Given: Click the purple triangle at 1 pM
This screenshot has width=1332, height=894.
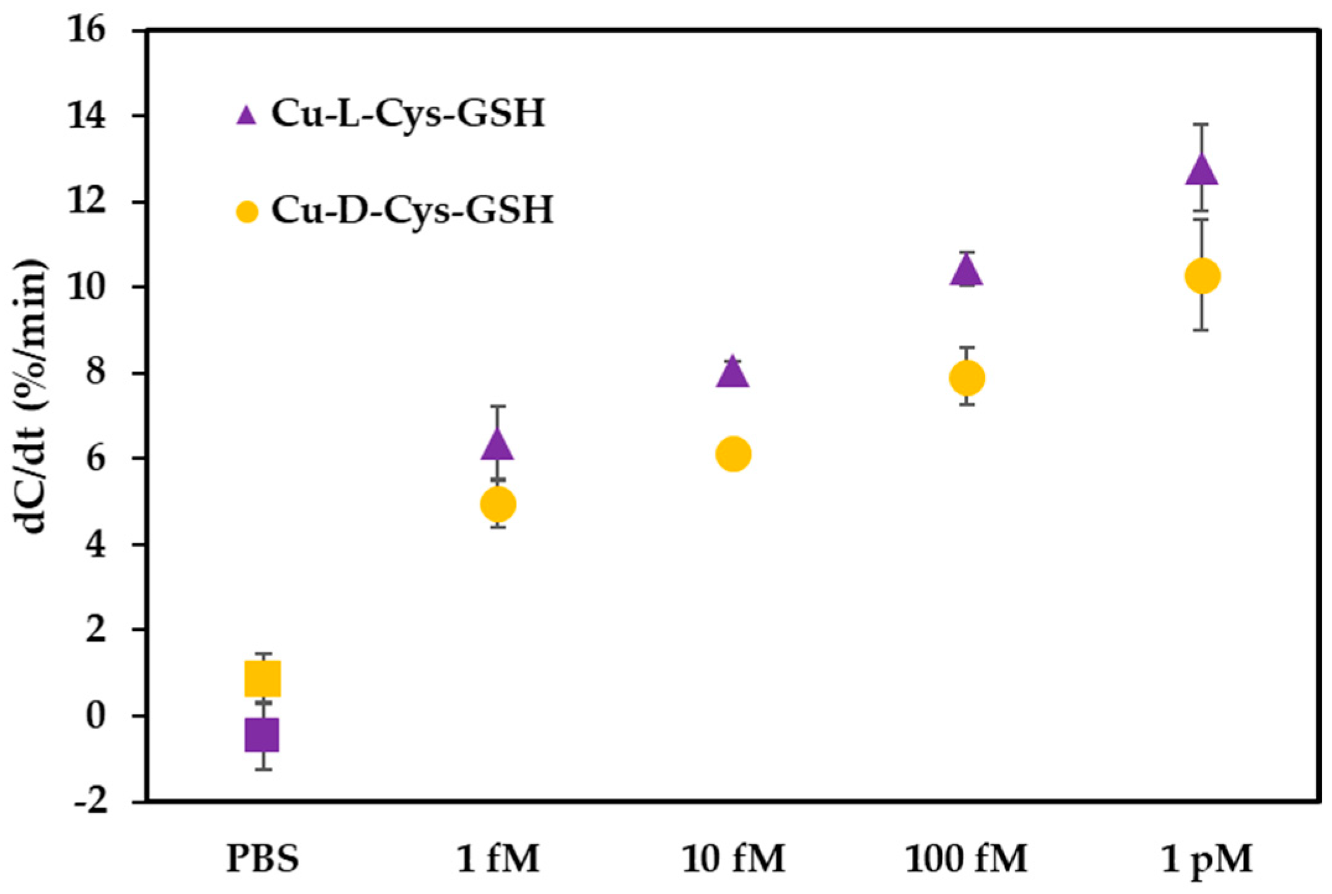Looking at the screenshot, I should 1201,170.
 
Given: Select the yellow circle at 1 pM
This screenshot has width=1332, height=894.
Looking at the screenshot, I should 1202,276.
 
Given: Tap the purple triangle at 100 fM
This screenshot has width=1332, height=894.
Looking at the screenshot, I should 967,271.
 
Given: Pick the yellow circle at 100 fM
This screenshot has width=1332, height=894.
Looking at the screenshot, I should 967,378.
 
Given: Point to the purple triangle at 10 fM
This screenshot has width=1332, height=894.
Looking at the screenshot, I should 733,373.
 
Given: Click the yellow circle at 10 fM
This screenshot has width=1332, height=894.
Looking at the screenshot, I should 733,454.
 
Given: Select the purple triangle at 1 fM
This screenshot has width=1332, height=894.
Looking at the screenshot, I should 497,445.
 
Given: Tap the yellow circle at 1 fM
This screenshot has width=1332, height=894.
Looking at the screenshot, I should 498,505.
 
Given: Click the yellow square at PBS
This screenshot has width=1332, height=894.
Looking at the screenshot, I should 263,679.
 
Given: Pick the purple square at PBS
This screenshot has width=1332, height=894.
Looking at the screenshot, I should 263,735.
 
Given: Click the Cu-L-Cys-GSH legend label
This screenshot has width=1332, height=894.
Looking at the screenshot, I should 407,114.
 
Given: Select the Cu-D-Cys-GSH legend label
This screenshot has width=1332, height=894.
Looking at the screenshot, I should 412,210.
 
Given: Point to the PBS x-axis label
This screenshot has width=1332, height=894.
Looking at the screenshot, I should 263,859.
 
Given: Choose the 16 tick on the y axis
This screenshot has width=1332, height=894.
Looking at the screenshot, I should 87,30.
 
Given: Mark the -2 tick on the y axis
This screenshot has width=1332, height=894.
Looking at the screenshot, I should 90,802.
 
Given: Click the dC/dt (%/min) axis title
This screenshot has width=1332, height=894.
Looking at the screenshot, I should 31,396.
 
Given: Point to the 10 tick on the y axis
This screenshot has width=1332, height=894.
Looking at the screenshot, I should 87,288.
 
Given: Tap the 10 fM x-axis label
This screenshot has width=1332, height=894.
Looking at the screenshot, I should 733,859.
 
